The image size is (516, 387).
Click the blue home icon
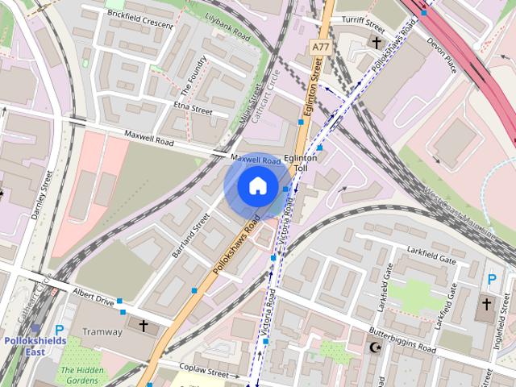[x=256, y=186]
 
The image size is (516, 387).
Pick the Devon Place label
[x=442, y=54]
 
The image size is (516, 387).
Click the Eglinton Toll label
[x=306, y=164]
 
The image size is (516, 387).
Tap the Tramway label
[x=101, y=331]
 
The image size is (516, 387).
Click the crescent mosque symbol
[x=373, y=348]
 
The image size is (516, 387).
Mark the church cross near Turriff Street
[x=376, y=42]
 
